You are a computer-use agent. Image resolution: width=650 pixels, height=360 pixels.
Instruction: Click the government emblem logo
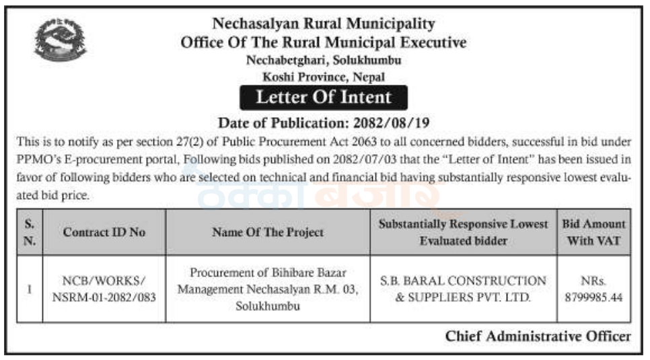coord(61,40)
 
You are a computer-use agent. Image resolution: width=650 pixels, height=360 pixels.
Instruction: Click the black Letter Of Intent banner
coord(324,97)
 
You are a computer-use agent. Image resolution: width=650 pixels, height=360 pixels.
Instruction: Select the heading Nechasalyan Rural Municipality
coord(324,24)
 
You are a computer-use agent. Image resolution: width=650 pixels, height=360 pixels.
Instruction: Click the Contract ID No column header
coord(104,232)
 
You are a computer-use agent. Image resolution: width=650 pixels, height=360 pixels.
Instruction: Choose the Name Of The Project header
coord(268,232)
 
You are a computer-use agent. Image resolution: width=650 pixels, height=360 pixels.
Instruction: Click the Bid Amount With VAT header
coord(594,232)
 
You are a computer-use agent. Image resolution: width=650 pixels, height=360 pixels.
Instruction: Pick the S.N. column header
coord(30,232)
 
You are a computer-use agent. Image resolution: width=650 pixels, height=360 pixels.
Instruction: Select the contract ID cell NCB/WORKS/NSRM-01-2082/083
coord(104,288)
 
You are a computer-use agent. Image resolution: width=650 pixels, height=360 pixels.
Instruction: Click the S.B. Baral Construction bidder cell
coord(462,288)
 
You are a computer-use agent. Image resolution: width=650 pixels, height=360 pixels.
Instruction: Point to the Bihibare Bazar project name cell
coord(268,289)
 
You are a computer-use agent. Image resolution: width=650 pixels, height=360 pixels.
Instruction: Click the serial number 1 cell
coord(30,289)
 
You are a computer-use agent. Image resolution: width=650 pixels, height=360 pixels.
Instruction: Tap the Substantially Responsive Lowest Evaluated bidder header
coord(462,232)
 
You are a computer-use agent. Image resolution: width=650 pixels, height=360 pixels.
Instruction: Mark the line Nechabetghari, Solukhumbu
coord(324,60)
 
